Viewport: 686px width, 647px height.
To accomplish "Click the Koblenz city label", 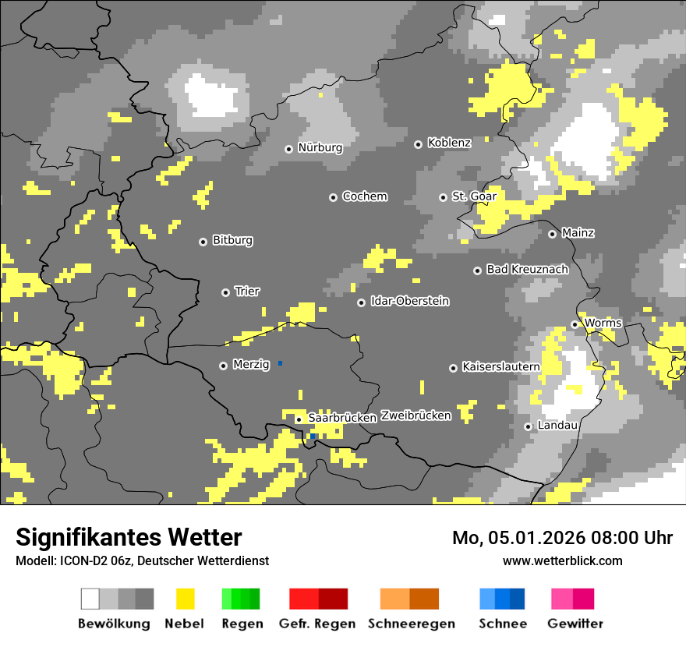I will point(449,143).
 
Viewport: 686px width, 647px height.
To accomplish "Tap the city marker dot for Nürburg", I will point(288,148).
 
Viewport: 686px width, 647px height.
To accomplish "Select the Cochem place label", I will point(364,196).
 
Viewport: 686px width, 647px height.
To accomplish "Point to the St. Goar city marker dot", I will point(443,197).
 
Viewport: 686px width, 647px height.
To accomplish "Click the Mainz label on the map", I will point(578,233).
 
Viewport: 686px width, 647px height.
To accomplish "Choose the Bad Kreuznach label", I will point(527,269).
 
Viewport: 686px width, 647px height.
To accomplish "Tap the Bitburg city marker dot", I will point(203,242).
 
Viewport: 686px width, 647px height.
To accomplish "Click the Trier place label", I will point(247,291).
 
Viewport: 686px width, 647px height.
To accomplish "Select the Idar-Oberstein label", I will point(409,301).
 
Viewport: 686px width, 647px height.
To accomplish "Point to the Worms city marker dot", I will point(575,324).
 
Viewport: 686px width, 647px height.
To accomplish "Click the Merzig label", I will point(251,364).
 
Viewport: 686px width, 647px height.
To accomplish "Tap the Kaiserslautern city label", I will point(500,366).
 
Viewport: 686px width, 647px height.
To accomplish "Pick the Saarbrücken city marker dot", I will point(299,419).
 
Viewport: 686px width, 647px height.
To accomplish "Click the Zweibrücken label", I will point(415,415).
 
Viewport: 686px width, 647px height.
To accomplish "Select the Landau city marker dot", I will point(528,426).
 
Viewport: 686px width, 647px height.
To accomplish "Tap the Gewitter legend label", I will point(575,624).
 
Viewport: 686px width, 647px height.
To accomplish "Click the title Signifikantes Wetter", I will point(129,537).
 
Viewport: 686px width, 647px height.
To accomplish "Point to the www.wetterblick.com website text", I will point(562,560).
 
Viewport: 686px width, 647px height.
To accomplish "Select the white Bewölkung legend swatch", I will point(90,599).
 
